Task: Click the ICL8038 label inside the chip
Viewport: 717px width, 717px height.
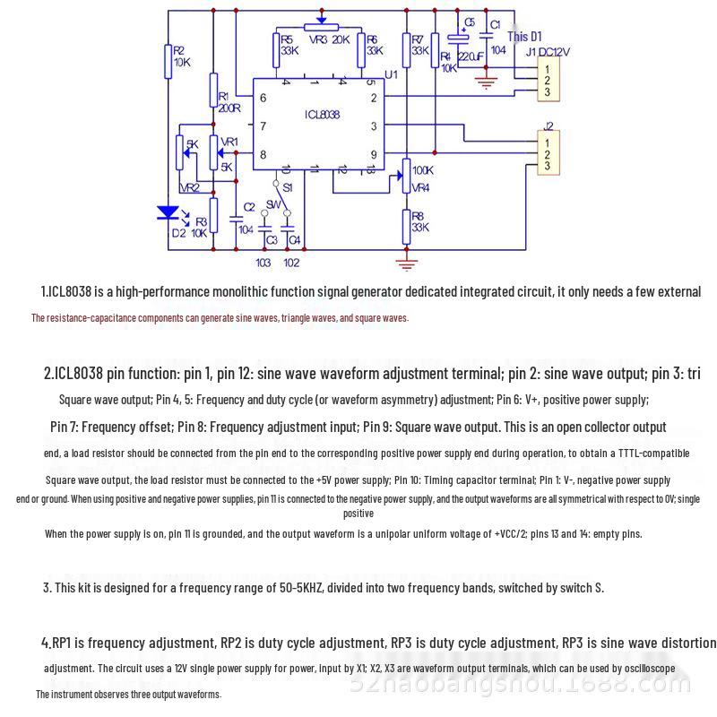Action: pos(321,116)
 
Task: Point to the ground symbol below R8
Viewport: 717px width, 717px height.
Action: pos(407,262)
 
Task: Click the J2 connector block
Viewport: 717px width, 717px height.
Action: pos(548,151)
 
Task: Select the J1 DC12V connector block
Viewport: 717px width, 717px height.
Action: pos(548,78)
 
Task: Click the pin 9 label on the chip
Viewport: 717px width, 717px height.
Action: pos(374,154)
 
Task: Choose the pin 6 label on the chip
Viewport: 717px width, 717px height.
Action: pos(263,98)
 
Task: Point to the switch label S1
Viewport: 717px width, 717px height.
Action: pos(287,188)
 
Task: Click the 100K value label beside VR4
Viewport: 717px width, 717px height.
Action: pos(423,170)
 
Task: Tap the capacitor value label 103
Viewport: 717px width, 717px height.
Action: pos(263,263)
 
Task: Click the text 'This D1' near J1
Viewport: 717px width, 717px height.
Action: pos(524,37)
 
